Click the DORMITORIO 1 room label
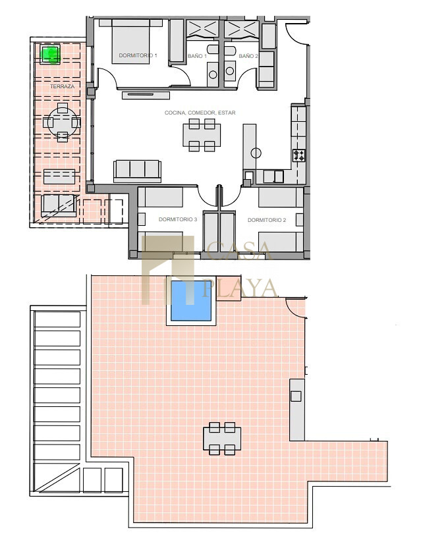tap(138, 55)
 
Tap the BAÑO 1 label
tap(197, 56)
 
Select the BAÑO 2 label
tap(248, 56)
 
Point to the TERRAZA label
tap(63, 86)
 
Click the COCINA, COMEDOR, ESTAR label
tap(200, 113)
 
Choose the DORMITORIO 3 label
tap(178, 219)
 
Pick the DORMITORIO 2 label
tap(267, 220)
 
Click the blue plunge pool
tap(191, 301)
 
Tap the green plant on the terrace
tap(51, 54)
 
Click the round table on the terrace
tap(63, 122)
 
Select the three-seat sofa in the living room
tap(137, 171)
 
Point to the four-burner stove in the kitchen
tap(298, 155)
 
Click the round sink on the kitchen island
tap(256, 153)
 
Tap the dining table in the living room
tap(202, 135)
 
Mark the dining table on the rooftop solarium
tap(222, 439)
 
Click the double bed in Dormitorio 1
tap(131, 41)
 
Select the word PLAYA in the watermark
tap(239, 288)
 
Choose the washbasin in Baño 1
tap(213, 74)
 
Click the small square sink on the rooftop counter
tap(296, 396)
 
